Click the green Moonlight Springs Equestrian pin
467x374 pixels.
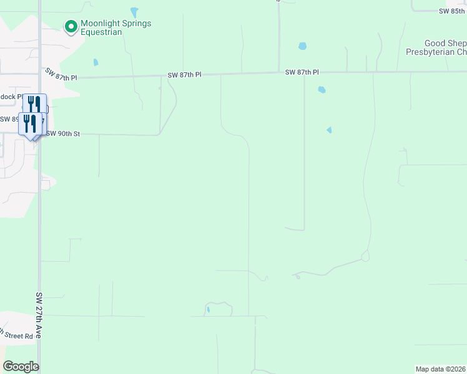click(71, 27)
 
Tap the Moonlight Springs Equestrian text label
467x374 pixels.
click(116, 28)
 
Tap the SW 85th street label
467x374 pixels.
click(453, 11)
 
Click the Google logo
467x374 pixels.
click(21, 367)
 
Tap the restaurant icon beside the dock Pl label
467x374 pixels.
click(34, 104)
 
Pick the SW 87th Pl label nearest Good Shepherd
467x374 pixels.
click(302, 72)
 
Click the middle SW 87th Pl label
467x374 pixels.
click(185, 75)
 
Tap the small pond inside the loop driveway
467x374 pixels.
click(208, 309)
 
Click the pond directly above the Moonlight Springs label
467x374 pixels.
click(134, 12)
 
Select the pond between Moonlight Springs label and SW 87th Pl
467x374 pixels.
click(96, 62)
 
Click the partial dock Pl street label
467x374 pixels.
click(11, 97)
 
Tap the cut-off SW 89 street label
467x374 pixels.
click(9, 118)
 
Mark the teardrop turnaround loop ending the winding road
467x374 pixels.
click(365, 256)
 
